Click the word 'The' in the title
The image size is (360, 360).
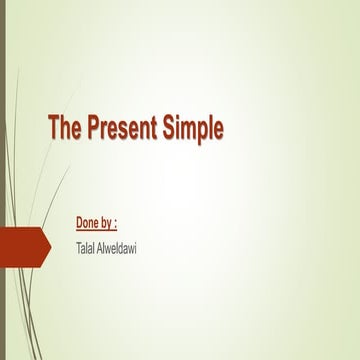coord(66,129)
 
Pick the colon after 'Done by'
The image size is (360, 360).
coord(127,219)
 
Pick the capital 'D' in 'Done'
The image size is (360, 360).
coord(80,218)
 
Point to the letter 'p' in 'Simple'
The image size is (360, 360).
coord(203,131)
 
